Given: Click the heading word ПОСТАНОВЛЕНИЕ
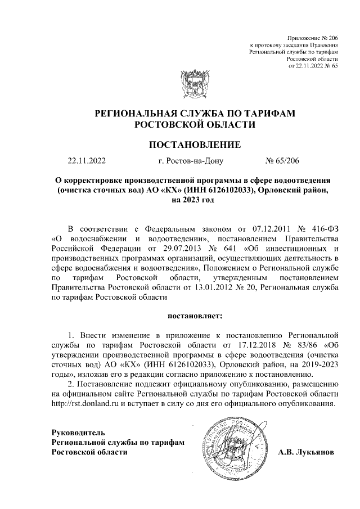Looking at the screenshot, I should coord(194,145).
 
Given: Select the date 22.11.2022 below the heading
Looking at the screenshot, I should coord(86,162).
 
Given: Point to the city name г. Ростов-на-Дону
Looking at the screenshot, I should coord(191,162).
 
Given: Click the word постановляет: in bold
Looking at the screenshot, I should coord(195,324).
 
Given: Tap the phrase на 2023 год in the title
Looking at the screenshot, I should coord(194,201).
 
